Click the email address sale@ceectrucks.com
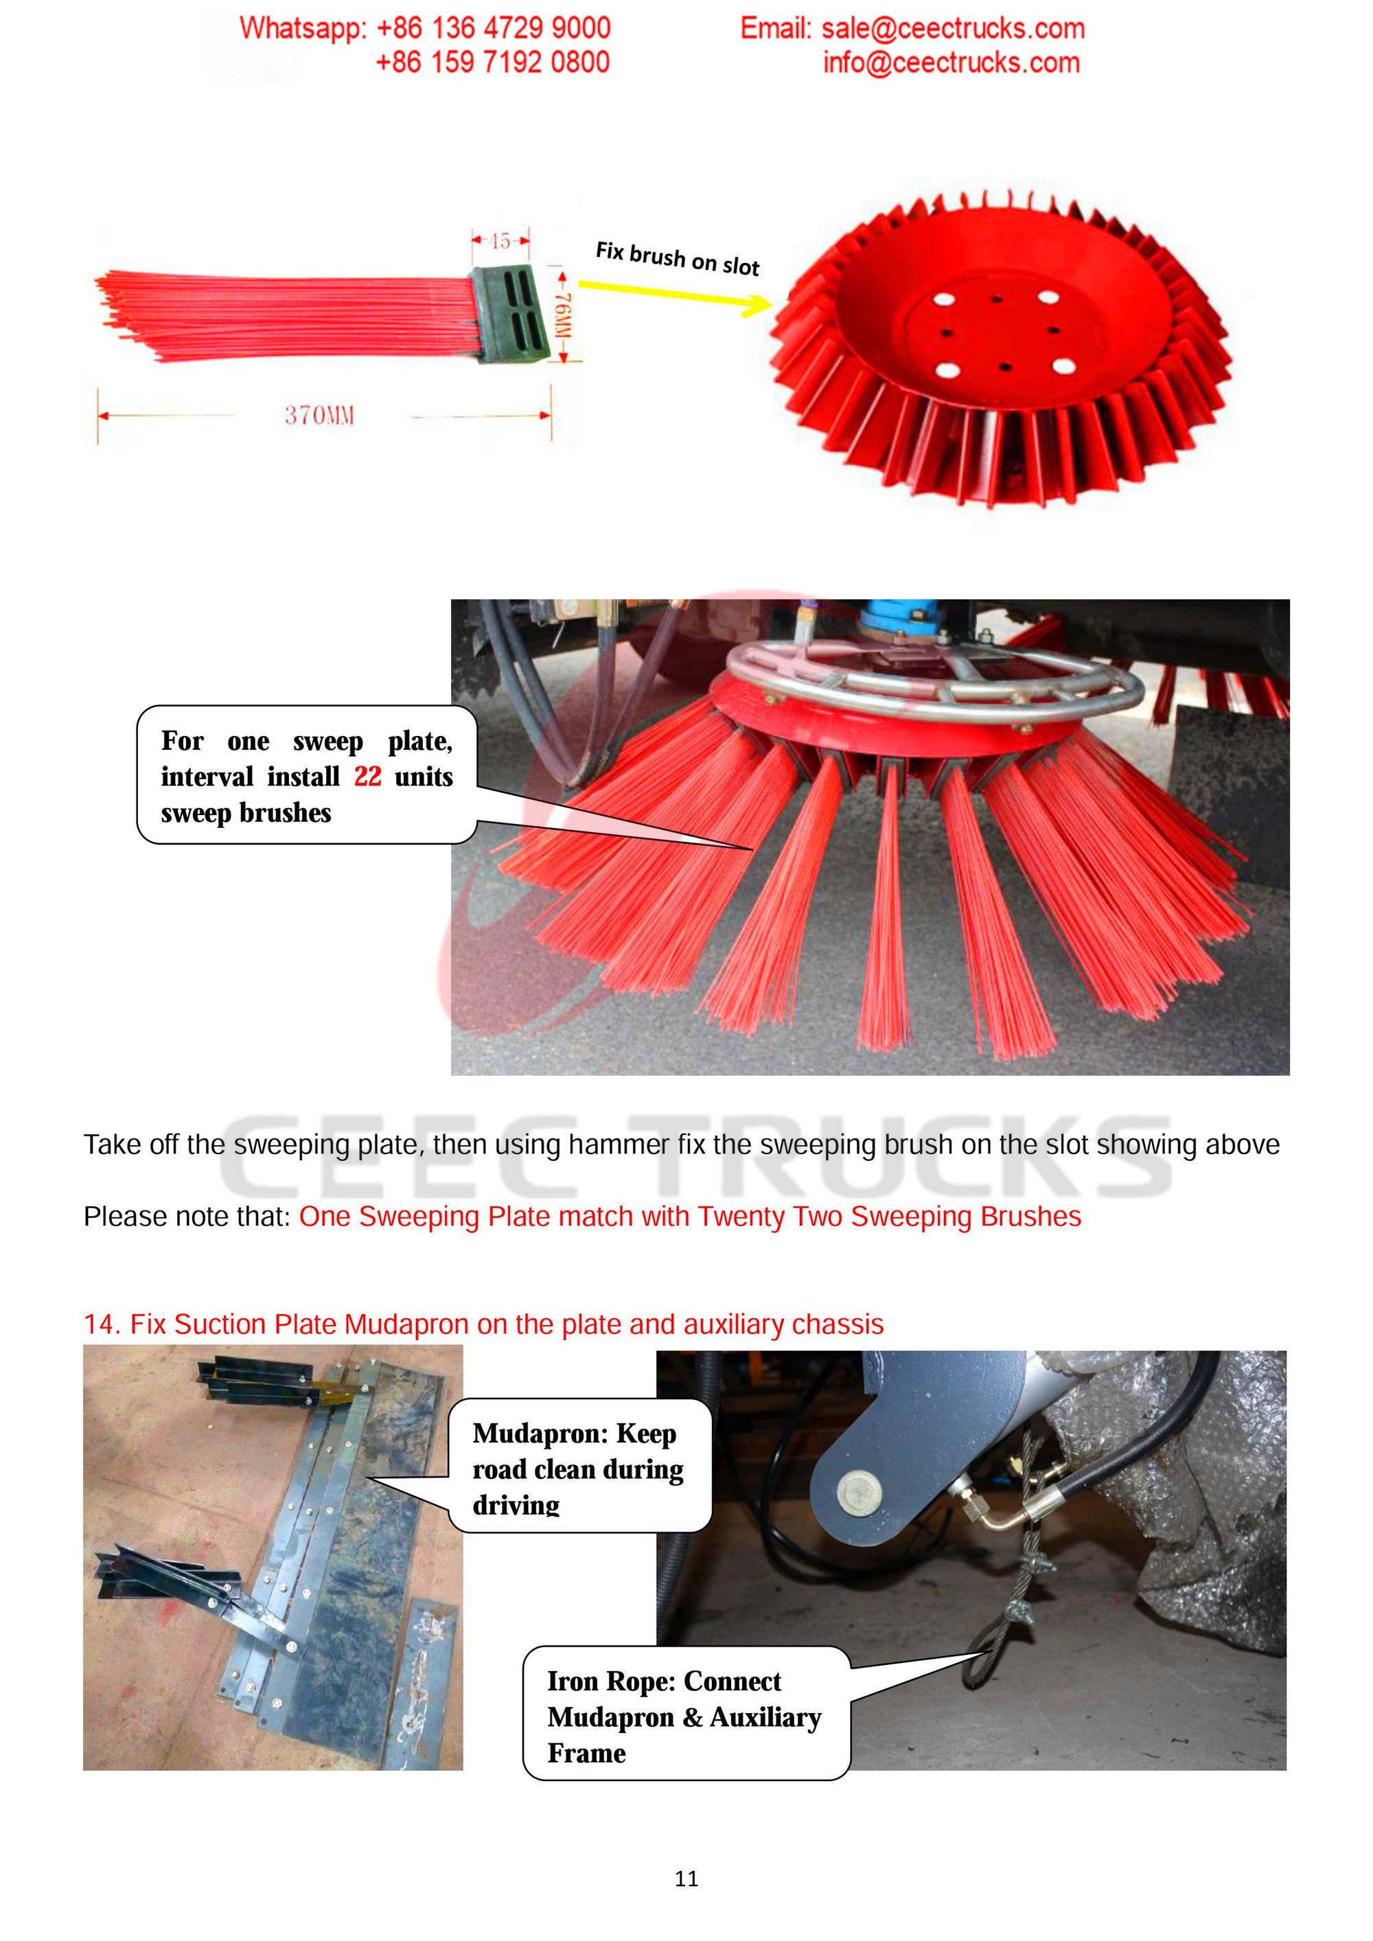point(953,29)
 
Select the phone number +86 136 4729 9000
point(493,28)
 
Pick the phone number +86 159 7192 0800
point(492,62)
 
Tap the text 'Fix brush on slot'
point(677,259)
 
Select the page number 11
point(686,1879)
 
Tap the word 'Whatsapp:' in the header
point(303,28)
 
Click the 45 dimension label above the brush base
point(500,241)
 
